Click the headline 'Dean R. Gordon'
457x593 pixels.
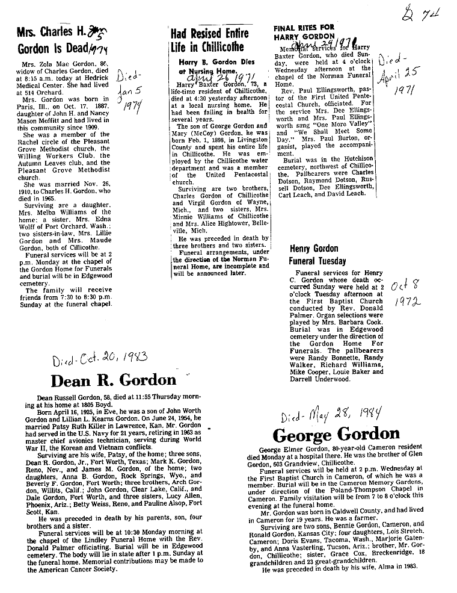pyautogui.click(x=114, y=380)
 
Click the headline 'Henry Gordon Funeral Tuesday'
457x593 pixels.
pyautogui.click(x=317, y=255)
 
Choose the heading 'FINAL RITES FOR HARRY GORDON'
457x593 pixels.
pyautogui.click(x=304, y=32)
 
